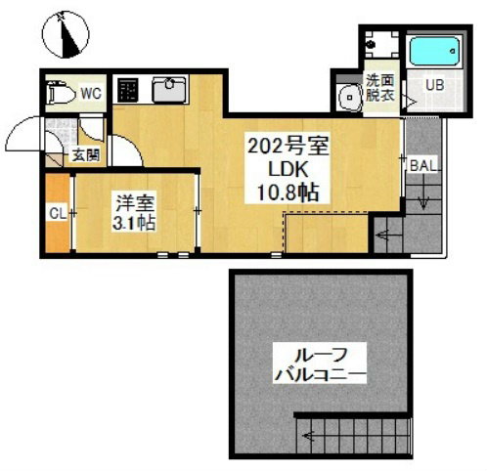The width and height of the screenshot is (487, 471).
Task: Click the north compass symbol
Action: [x=66, y=34]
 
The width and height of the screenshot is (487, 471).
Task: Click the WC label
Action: [x=91, y=94]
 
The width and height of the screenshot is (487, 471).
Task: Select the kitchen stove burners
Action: [x=127, y=90]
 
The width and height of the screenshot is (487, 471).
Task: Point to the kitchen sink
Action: [x=169, y=89]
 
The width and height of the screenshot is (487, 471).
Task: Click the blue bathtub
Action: [x=434, y=51]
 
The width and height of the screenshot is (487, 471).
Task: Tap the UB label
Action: [x=435, y=85]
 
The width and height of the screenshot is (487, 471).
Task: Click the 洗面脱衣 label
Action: [x=380, y=88]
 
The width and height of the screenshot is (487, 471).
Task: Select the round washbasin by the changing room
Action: [x=350, y=97]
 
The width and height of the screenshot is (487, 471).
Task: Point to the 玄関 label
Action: [x=86, y=154]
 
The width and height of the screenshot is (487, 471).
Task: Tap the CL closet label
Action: [x=58, y=214]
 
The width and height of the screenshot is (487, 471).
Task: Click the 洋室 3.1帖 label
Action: [x=134, y=212]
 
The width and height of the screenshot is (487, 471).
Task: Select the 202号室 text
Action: [x=288, y=146]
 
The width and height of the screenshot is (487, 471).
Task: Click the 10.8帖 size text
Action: [x=288, y=193]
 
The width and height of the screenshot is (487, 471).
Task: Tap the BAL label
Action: [x=423, y=165]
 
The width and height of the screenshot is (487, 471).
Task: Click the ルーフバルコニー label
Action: [x=320, y=365]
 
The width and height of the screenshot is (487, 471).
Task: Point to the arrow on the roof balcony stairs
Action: [x=308, y=436]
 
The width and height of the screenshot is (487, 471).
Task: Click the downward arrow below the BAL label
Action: [x=423, y=198]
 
